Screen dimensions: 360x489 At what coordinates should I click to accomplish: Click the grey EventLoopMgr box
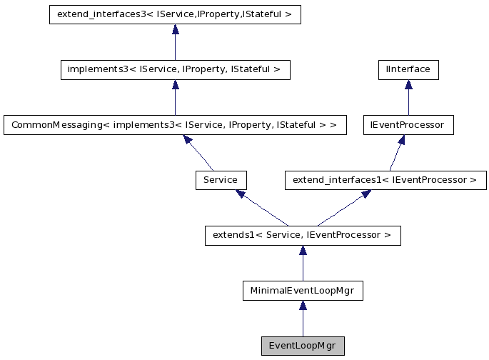[303, 346]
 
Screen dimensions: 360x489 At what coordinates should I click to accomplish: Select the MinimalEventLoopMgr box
[303, 291]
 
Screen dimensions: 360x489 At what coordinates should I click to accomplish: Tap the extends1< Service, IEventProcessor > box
[303, 235]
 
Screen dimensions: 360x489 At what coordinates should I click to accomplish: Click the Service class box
[221, 179]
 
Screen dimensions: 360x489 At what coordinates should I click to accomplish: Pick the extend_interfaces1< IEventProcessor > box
[385, 179]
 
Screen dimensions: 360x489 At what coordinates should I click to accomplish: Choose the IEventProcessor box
[408, 124]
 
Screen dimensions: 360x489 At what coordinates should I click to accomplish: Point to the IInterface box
[408, 69]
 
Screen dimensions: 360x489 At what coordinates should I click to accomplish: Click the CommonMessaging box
[175, 124]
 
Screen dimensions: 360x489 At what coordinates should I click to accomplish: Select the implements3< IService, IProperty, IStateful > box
[175, 69]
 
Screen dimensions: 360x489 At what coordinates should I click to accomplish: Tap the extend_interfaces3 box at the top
[175, 14]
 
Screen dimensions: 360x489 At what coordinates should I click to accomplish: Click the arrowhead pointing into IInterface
[408, 85]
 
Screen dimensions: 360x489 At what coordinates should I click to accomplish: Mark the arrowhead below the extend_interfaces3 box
[175, 30]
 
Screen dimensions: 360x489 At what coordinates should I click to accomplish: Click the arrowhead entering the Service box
[241, 194]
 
